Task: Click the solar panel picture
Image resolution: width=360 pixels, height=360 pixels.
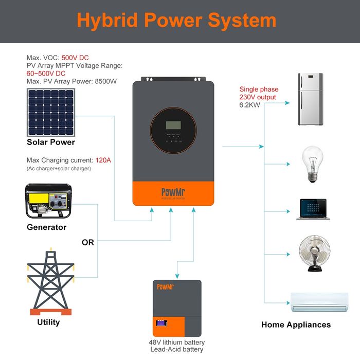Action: tap(51, 112)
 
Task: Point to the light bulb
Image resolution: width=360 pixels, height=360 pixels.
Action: tap(312, 164)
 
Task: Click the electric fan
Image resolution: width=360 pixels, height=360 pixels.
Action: tap(312, 254)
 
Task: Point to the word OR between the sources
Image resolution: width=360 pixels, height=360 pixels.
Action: tap(88, 242)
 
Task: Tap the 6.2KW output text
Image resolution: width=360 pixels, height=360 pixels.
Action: tap(250, 104)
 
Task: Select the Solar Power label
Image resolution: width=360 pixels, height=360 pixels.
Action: tap(51, 142)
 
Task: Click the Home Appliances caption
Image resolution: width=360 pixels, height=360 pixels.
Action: tap(296, 325)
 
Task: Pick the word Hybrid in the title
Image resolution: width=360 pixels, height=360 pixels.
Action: tap(106, 20)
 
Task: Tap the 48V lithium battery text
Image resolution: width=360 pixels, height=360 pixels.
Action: tap(176, 342)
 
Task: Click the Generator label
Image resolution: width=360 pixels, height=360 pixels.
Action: tap(47, 227)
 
